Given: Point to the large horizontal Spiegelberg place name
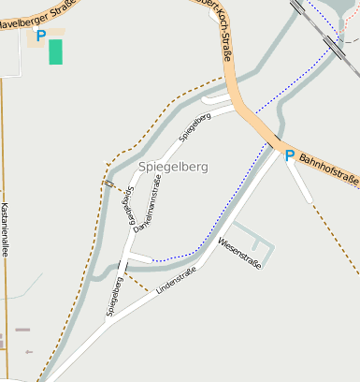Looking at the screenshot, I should (x=173, y=167).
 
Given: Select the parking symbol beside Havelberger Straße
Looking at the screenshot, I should (x=40, y=36).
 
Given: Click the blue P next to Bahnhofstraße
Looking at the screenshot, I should (x=289, y=155).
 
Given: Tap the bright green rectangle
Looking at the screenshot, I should (x=56, y=51).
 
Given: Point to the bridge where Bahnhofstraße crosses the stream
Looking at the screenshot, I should (x=273, y=143).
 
